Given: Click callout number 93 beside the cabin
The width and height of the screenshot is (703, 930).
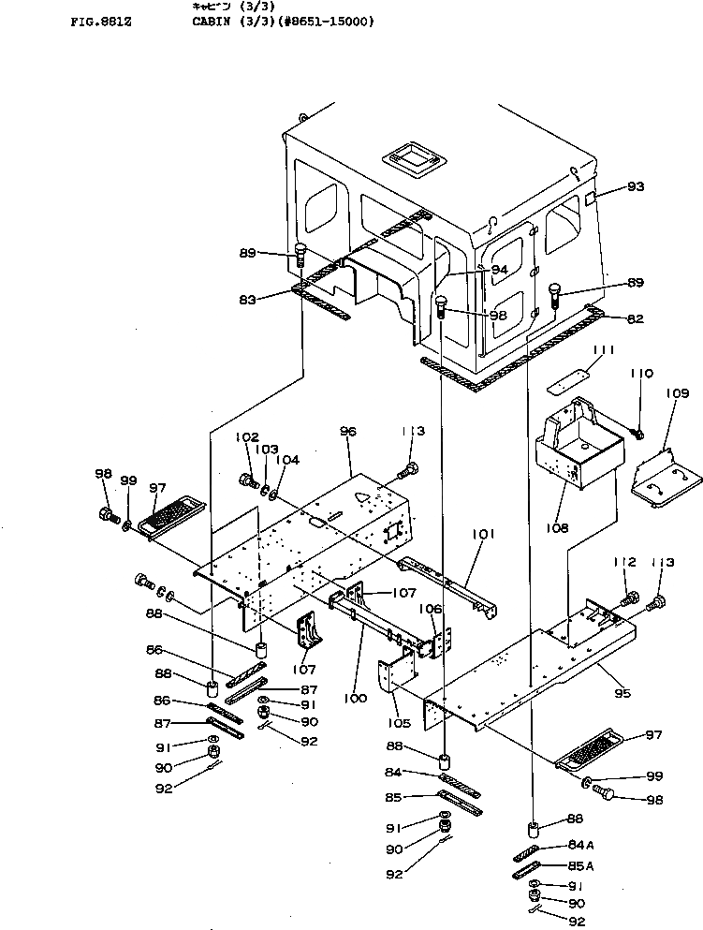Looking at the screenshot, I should (636, 186).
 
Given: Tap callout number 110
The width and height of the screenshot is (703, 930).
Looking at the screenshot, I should (641, 374).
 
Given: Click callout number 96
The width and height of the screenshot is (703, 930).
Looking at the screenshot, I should (348, 431).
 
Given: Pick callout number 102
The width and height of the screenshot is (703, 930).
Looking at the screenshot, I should (246, 437).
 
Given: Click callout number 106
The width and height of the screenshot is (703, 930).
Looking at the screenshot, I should (430, 610).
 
